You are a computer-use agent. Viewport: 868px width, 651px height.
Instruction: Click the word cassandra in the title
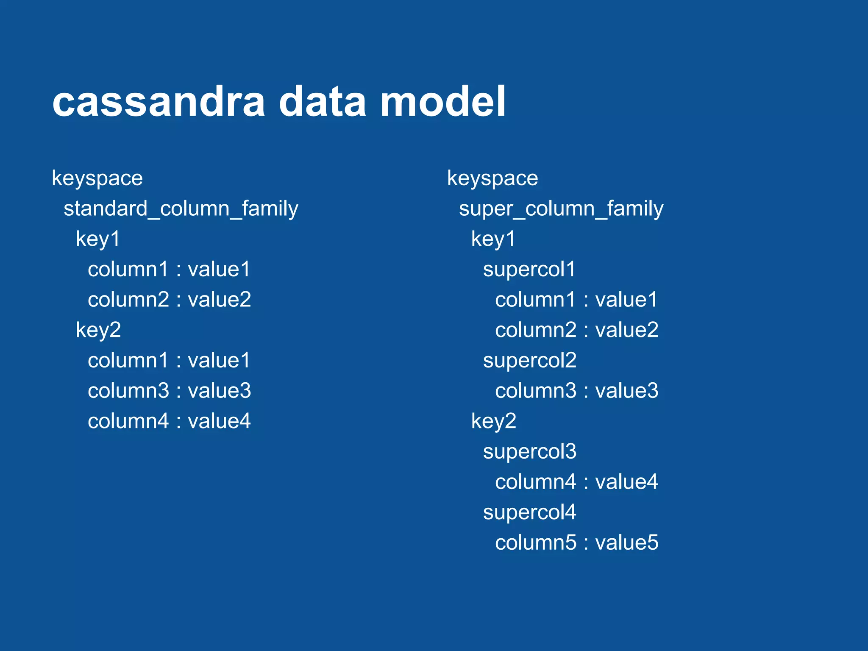(x=159, y=102)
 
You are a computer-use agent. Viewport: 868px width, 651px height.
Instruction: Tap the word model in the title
(x=442, y=102)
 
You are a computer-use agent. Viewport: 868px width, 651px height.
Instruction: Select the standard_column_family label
(x=181, y=209)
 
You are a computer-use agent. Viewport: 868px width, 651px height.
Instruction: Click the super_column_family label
(x=561, y=209)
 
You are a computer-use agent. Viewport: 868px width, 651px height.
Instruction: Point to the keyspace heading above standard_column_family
(x=97, y=178)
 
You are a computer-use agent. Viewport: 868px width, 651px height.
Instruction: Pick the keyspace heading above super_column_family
(x=492, y=178)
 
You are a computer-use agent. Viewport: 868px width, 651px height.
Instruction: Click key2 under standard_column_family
(x=98, y=330)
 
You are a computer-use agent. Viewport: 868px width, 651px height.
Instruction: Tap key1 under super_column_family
(x=493, y=239)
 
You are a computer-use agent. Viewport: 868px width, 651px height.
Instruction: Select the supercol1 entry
(x=529, y=270)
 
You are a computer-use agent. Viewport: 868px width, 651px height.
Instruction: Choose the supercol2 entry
(x=530, y=361)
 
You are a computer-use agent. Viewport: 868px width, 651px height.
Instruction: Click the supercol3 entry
(x=530, y=452)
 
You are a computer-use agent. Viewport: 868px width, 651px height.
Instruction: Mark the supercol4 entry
(x=530, y=512)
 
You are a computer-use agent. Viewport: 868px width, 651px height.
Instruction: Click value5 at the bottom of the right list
(x=627, y=542)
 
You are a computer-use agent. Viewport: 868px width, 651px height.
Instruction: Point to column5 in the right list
(x=536, y=542)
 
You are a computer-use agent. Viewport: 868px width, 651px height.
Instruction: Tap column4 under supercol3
(x=536, y=482)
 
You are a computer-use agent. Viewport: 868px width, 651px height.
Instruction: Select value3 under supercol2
(x=627, y=391)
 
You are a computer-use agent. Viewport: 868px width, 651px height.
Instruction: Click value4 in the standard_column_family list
(x=219, y=421)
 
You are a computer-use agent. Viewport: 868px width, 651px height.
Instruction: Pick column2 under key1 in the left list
(x=128, y=300)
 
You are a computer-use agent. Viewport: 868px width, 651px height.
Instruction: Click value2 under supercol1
(x=627, y=330)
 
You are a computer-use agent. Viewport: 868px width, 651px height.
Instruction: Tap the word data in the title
(x=322, y=102)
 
